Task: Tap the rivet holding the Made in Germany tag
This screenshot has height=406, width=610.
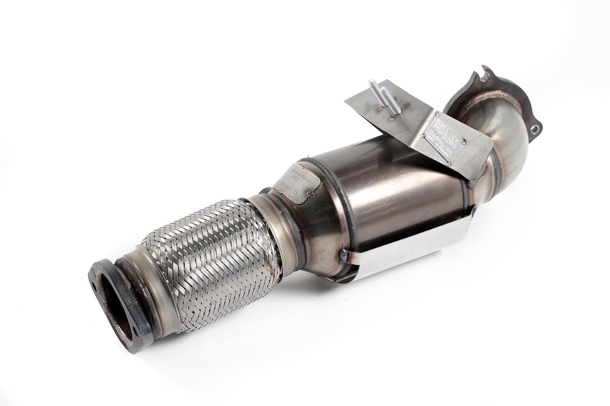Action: [x=311, y=195]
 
